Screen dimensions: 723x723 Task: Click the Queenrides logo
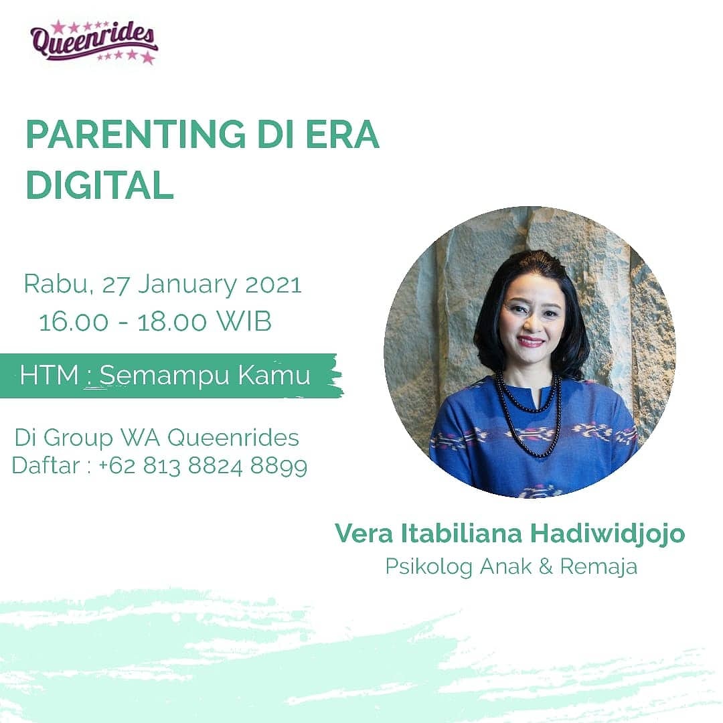click(94, 42)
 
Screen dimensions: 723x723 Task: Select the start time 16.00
click(74, 322)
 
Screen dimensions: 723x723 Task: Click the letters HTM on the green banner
click(48, 375)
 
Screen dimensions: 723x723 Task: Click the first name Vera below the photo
click(361, 534)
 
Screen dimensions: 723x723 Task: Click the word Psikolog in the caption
click(428, 566)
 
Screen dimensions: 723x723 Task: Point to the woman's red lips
click(530, 341)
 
